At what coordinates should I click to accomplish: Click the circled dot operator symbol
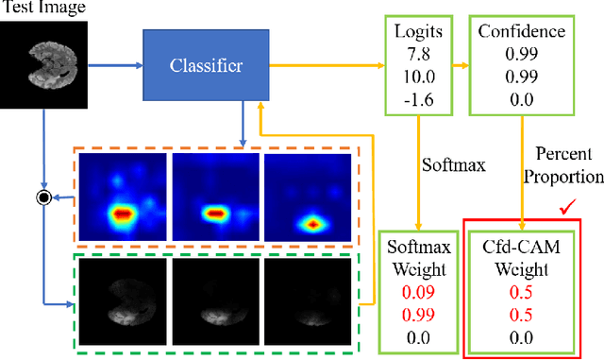point(42,197)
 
